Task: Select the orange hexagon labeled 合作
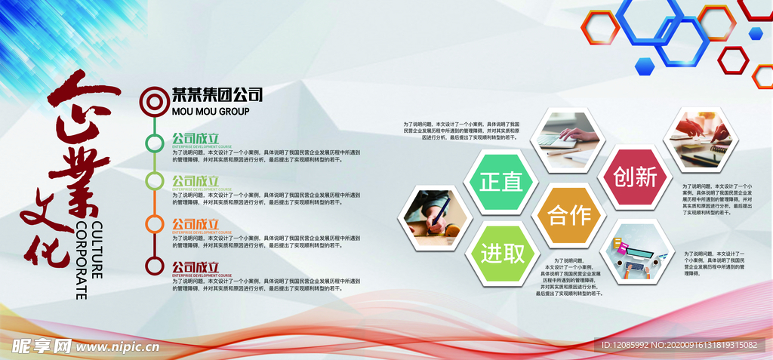point(569,216)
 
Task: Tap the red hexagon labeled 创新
point(636,177)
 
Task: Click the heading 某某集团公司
point(217,95)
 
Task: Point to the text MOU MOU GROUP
point(211,111)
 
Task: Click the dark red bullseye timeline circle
point(154,99)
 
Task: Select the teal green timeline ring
point(154,142)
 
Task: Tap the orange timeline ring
point(154,223)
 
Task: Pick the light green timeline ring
point(154,181)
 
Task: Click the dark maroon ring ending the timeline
point(154,266)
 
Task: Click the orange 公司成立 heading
point(195,224)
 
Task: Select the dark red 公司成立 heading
point(195,266)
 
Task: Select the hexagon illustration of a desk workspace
point(637,252)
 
